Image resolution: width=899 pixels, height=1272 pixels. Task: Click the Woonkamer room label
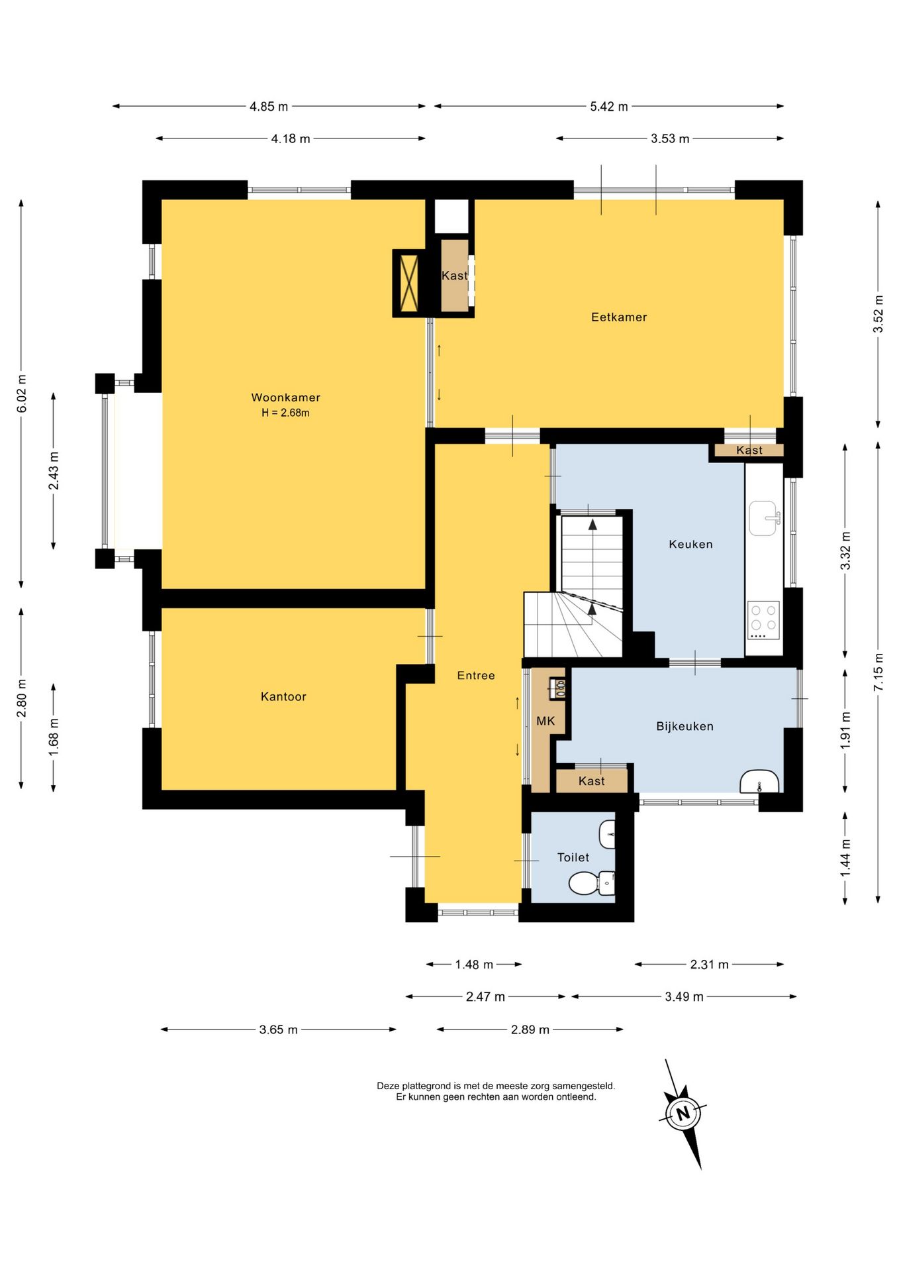point(285,397)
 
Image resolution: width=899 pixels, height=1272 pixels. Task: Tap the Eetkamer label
point(619,317)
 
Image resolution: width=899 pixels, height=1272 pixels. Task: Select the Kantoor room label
point(283,696)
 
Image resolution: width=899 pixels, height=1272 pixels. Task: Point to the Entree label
point(476,676)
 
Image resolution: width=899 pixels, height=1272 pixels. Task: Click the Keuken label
point(690,545)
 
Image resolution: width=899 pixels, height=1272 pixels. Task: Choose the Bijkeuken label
point(685,727)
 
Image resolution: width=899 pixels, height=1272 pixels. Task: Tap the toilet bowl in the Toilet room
point(592,882)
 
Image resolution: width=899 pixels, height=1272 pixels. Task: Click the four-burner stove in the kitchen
point(763,620)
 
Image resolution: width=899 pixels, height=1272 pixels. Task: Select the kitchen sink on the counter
point(765,518)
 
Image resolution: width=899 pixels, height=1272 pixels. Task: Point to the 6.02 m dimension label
point(22,394)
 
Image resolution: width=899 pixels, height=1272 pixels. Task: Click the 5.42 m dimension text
point(609,106)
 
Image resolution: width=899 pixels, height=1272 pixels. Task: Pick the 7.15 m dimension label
point(878,672)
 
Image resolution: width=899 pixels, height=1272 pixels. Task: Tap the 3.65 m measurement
point(278,1030)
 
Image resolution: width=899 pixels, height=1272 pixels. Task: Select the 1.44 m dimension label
point(845,858)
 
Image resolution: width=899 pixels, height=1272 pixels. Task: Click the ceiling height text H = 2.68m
point(285,413)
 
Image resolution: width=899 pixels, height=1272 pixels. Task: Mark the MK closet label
point(545,721)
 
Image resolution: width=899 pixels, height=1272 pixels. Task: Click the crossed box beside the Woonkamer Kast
point(408,284)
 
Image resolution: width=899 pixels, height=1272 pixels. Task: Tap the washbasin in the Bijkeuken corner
point(759,782)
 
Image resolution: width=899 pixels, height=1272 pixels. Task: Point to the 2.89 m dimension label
point(530,1030)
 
